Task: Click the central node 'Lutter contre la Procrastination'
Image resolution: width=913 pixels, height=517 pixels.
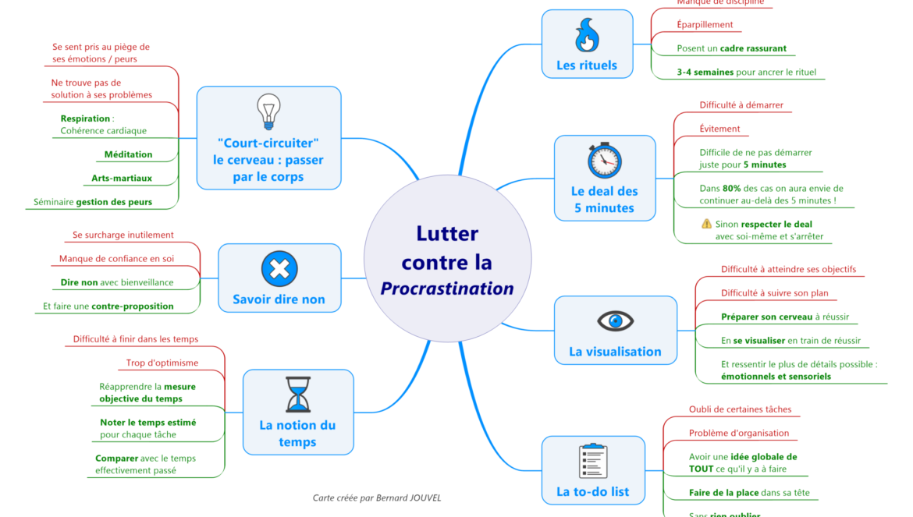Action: point(447,260)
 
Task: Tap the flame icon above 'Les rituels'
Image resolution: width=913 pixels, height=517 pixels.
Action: point(586,37)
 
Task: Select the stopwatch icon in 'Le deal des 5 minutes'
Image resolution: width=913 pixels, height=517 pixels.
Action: point(604,161)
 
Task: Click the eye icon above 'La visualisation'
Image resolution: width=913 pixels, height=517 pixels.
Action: point(615,321)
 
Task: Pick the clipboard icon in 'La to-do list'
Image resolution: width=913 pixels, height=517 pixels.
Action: point(593,461)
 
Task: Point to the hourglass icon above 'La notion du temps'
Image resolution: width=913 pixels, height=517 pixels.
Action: point(297,395)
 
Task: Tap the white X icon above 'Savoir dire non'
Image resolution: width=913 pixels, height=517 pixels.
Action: point(279,269)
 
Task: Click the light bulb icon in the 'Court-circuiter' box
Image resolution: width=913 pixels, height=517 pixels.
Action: point(268,112)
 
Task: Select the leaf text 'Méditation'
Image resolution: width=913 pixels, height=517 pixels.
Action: point(128,154)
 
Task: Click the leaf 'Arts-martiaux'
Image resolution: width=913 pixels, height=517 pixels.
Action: point(122,178)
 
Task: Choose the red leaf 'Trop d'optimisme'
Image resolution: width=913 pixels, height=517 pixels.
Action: point(162,363)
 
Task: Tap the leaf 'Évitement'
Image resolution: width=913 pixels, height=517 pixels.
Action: point(719,129)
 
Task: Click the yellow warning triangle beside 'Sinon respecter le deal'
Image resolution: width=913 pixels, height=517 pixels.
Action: point(706,224)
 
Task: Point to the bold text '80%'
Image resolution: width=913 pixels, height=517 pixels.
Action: point(731,188)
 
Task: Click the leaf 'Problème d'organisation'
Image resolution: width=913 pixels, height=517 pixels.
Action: point(738,433)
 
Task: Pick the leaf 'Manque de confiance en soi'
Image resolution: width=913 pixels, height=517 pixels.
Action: point(117,258)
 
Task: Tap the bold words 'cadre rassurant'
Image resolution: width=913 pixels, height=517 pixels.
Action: point(753,48)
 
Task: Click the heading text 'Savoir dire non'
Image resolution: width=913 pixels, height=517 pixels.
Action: point(279,299)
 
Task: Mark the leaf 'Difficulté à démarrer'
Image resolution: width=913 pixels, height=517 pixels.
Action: point(741,105)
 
